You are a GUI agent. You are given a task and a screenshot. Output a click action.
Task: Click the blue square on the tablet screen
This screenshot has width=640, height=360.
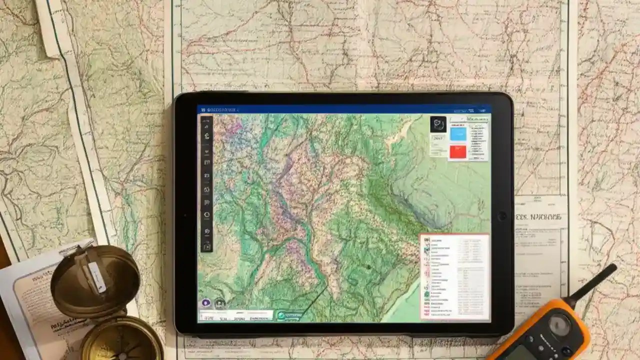point(458,134)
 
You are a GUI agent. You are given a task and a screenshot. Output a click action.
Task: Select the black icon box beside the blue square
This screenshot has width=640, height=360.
point(438,124)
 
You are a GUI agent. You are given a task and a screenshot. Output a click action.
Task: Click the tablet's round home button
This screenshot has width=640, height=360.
point(502,216)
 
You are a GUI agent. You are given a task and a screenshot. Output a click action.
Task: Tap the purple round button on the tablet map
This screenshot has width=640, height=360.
point(206,302)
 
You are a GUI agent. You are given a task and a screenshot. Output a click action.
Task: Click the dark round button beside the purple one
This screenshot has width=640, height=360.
point(219,302)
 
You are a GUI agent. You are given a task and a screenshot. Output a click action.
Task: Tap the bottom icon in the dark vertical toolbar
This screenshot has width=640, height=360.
point(207,246)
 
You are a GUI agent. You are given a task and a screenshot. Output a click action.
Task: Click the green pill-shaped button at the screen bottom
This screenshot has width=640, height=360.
point(289,315)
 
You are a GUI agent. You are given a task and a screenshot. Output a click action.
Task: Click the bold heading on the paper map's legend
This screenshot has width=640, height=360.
point(541,217)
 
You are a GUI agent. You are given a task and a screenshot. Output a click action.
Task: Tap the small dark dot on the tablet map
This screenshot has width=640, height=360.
point(369,267)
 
